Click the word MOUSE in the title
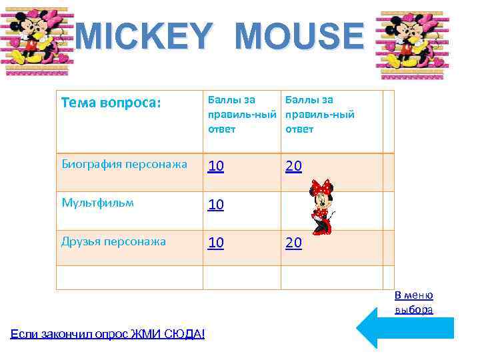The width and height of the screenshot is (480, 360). [x=299, y=36]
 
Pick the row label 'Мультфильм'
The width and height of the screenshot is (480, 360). [x=97, y=203]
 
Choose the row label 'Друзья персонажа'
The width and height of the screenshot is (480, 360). [x=113, y=241]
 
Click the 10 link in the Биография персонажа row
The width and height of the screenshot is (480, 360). [x=215, y=167]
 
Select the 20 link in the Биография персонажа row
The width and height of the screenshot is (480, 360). [x=293, y=167]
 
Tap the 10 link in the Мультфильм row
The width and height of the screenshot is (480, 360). [x=215, y=205]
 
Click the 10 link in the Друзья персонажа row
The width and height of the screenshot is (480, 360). [x=215, y=243]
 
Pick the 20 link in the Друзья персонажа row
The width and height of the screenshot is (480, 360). [x=293, y=243]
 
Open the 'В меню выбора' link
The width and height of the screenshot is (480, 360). [x=414, y=303]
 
